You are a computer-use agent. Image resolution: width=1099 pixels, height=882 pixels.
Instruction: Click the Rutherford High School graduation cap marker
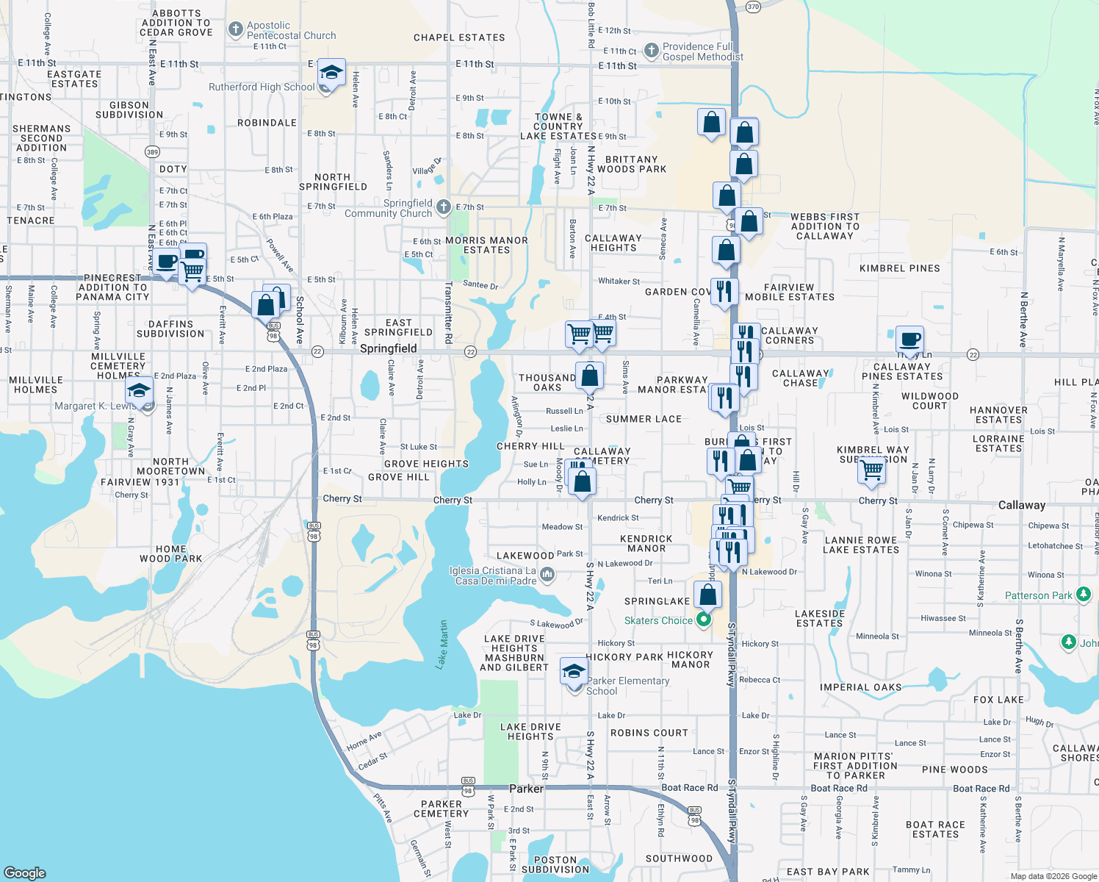(x=331, y=73)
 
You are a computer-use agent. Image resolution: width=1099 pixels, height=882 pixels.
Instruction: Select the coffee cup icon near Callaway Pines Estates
(x=909, y=340)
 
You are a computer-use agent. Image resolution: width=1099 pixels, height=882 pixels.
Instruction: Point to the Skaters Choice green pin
(x=704, y=620)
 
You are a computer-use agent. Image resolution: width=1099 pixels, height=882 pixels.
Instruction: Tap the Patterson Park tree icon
(x=1083, y=595)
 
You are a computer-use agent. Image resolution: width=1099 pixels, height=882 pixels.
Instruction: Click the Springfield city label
(x=388, y=348)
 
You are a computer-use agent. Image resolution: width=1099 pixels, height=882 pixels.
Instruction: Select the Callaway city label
(x=1021, y=505)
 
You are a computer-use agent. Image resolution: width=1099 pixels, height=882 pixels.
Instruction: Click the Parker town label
(x=527, y=789)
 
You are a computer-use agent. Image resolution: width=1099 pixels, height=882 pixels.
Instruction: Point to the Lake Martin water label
(x=442, y=645)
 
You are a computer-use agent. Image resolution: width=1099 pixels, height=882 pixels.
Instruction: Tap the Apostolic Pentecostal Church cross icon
(x=235, y=29)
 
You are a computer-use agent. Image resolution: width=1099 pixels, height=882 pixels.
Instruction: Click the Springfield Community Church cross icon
(x=443, y=207)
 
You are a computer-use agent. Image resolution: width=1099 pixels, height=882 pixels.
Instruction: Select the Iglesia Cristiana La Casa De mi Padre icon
(x=547, y=574)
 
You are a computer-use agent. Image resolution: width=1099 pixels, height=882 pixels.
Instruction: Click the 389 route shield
(x=152, y=152)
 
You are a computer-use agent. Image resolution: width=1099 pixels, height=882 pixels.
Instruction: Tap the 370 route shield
(x=753, y=7)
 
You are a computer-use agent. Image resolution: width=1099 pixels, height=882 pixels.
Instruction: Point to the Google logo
(x=24, y=872)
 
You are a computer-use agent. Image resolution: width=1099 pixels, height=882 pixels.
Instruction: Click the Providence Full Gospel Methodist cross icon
(x=651, y=51)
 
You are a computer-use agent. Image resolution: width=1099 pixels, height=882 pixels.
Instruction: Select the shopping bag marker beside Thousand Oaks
(x=589, y=376)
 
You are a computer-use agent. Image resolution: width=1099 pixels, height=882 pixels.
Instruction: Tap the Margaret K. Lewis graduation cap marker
(x=138, y=390)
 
